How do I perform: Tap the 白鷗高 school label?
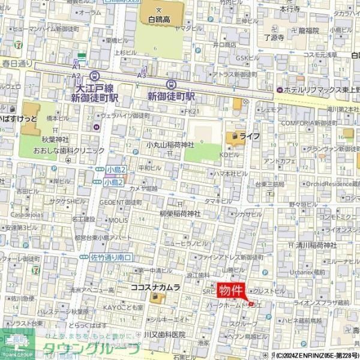point(159,19)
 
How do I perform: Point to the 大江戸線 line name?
point(95,87)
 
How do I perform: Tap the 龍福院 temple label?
point(308,30)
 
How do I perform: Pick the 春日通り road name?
point(16,62)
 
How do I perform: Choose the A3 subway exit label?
point(142,75)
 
